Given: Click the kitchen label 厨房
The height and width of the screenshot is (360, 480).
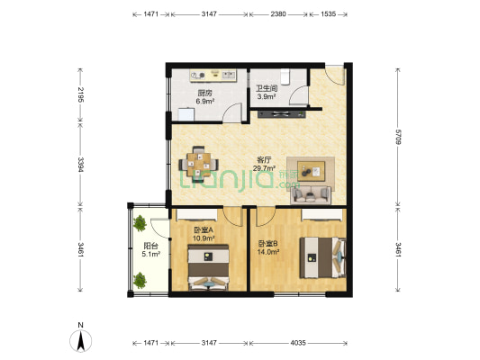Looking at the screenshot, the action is (204, 93).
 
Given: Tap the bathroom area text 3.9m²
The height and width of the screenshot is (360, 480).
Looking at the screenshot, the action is (267, 97).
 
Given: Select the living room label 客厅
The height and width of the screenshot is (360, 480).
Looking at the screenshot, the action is (264, 159).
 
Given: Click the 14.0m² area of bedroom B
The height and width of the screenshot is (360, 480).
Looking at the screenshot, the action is (267, 252).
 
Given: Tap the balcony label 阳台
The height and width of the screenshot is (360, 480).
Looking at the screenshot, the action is (151, 246).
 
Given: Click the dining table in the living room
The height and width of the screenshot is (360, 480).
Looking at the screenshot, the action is (199, 164).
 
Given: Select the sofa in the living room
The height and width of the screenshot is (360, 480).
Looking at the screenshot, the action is (311, 194).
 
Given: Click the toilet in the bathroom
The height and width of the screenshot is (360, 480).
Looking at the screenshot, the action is (285, 76).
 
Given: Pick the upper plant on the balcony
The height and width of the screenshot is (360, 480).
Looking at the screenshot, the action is (140, 223).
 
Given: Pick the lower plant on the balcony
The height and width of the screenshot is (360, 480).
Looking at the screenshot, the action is (140, 280).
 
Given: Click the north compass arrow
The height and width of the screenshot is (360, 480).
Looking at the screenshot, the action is (81, 340).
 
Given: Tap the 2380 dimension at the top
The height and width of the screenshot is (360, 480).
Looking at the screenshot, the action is (278, 14).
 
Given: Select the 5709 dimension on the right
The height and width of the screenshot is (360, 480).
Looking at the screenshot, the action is (398, 137).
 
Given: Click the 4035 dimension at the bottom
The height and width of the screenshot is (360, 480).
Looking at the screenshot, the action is (298, 343).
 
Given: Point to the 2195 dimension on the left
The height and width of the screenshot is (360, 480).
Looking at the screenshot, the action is (80, 94).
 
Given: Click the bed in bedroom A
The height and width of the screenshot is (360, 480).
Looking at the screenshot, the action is (208, 267).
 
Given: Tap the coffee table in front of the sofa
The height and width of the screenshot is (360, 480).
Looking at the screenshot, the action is (311, 171).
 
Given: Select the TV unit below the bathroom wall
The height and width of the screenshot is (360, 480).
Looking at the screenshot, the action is (282, 114).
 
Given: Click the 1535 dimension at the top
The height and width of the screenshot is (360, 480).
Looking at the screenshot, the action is (328, 14).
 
